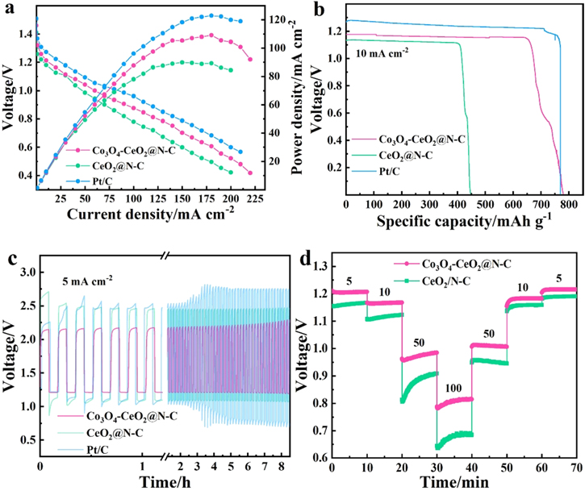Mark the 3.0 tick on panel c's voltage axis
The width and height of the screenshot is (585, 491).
pyautogui.click(x=26, y=273)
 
